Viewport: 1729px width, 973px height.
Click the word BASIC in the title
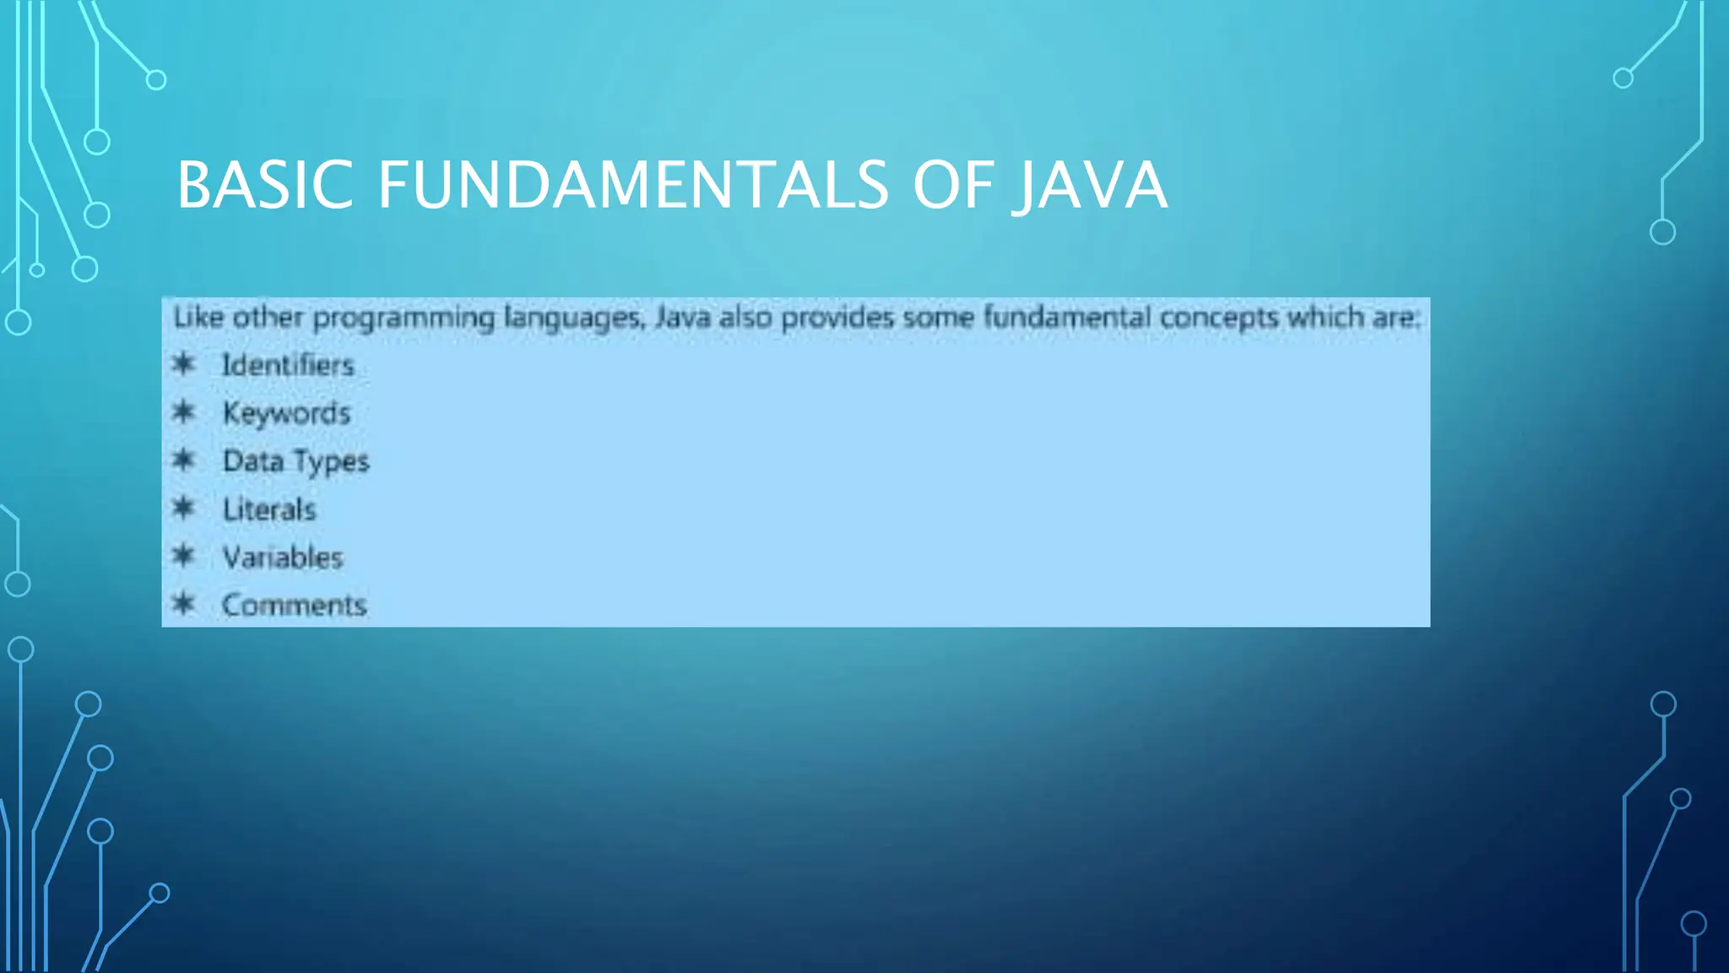click(x=264, y=185)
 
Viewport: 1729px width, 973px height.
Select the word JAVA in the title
click(x=1091, y=185)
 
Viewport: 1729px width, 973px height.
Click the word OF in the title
click(x=951, y=185)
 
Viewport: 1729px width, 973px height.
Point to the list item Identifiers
click(x=288, y=365)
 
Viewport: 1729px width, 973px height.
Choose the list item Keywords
click(x=286, y=413)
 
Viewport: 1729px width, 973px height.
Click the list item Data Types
click(x=295, y=461)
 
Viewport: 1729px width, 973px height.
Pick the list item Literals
click(x=269, y=509)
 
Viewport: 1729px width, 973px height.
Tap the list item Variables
click(x=283, y=557)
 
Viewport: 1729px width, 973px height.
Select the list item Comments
click(x=294, y=606)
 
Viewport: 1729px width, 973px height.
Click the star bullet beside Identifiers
click(x=183, y=364)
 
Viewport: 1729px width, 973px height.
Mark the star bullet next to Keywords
click(x=183, y=412)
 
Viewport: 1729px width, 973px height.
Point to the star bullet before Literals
click(x=183, y=508)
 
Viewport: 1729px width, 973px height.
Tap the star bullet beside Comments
click(x=183, y=604)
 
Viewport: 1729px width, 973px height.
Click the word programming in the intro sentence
click(x=404, y=318)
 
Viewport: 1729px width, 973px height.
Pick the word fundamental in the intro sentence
click(x=1067, y=318)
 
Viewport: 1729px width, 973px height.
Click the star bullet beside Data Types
click(x=183, y=460)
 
